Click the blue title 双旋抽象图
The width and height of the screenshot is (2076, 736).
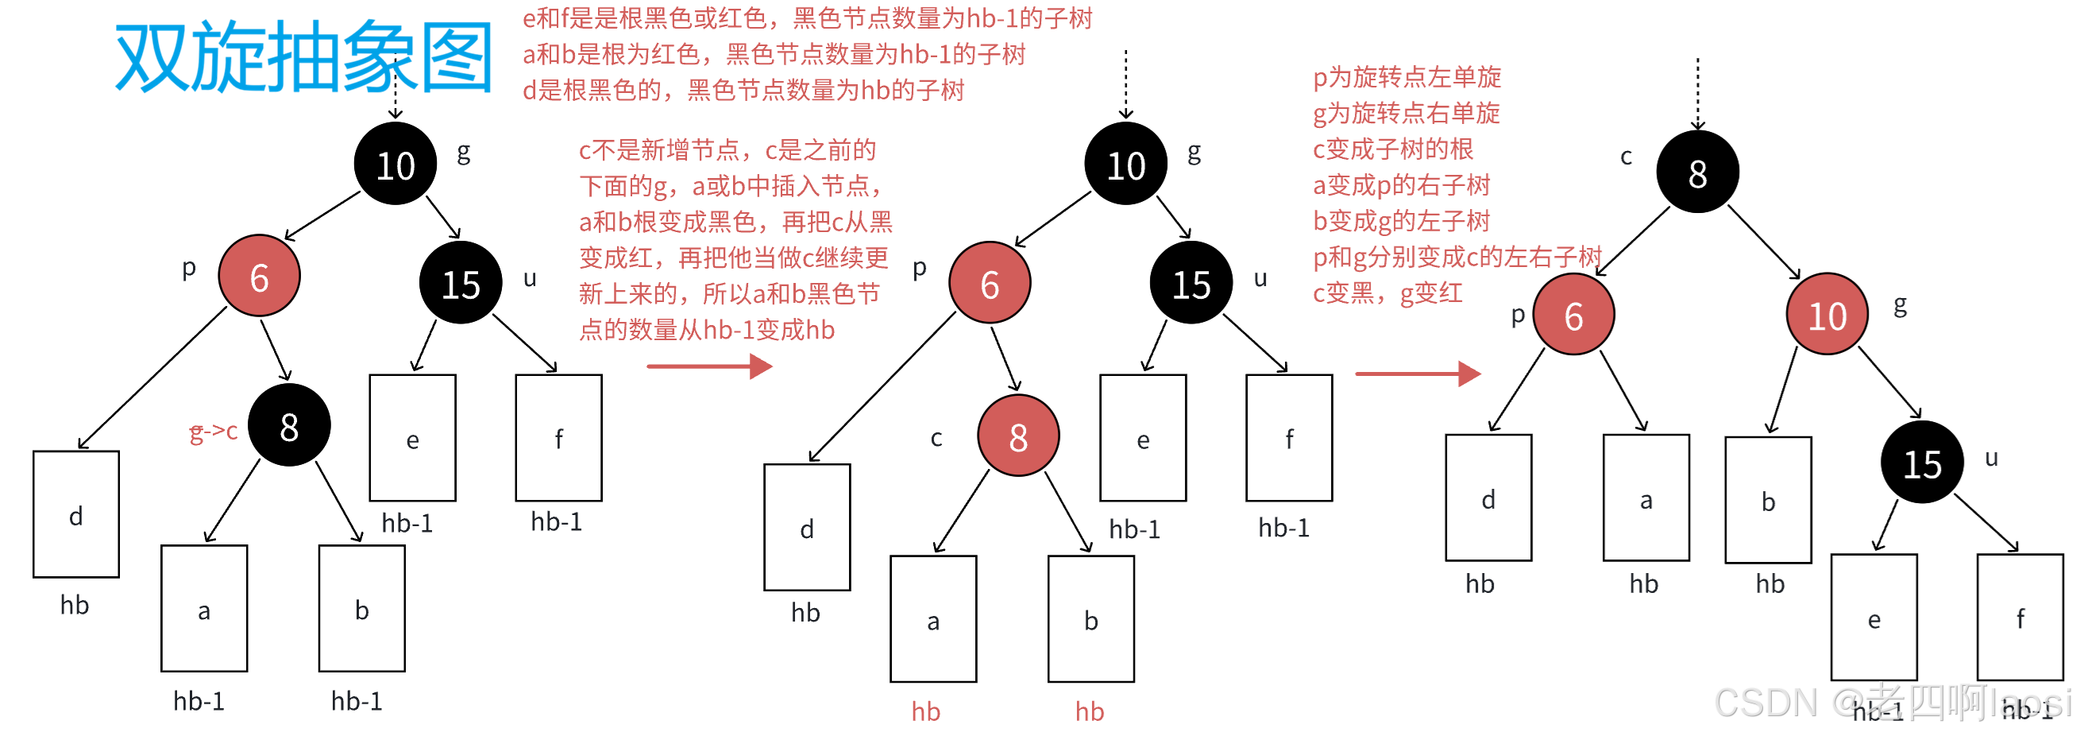(304, 56)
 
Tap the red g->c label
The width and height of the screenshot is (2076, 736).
(214, 433)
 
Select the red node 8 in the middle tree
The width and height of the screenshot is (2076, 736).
(1018, 436)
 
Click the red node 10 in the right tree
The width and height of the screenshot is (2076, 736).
(1827, 315)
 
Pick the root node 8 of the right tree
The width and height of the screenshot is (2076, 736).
(1697, 172)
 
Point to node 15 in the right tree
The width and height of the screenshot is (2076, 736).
(1922, 463)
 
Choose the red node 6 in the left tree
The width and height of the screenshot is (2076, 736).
(260, 277)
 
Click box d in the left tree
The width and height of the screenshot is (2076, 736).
(75, 514)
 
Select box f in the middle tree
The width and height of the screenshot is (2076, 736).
(1289, 438)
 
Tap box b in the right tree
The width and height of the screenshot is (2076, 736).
(1768, 501)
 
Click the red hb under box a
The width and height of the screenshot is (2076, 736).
(926, 711)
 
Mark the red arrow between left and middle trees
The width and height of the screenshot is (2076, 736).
(709, 366)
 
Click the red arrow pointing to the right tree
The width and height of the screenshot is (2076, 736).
(1418, 374)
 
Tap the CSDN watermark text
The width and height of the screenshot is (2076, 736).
(1890, 702)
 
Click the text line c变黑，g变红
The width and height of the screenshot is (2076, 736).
(1387, 293)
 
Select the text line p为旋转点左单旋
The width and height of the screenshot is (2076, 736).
(1407, 78)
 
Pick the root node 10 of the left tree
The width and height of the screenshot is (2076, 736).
(396, 165)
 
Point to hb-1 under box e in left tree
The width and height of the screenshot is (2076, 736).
(407, 523)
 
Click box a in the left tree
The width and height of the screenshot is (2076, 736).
(205, 610)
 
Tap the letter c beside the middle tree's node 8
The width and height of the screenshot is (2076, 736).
(936, 439)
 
